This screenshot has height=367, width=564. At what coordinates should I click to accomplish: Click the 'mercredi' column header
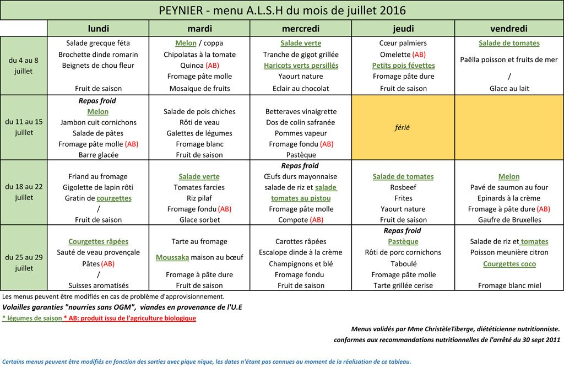tap(301, 29)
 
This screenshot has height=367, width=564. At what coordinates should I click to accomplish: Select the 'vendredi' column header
tap(509, 29)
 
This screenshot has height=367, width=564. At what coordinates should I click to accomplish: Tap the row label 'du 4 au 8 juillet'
tap(24, 66)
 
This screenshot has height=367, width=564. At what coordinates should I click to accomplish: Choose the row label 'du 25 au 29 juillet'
tap(24, 263)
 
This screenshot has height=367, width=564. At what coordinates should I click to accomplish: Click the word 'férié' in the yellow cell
tap(403, 127)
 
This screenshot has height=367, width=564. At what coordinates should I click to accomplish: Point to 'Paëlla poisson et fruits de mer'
tap(509, 60)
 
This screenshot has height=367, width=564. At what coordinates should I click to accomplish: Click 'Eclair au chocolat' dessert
tap(301, 88)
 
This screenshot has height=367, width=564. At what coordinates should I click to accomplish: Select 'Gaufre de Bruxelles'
tap(509, 220)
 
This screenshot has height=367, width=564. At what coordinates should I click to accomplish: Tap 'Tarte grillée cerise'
tap(403, 285)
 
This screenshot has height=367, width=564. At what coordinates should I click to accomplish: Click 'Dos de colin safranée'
tap(301, 122)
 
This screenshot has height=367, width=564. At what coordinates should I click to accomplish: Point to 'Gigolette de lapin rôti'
tap(98, 187)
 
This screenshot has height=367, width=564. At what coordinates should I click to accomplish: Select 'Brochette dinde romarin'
tap(98, 54)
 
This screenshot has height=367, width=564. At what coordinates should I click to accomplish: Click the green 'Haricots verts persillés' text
tap(301, 65)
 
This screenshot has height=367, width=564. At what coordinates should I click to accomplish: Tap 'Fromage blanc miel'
tap(509, 285)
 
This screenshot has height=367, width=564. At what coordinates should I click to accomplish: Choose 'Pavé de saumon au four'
tap(509, 187)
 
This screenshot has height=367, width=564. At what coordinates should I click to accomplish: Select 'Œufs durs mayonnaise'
tap(301, 177)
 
